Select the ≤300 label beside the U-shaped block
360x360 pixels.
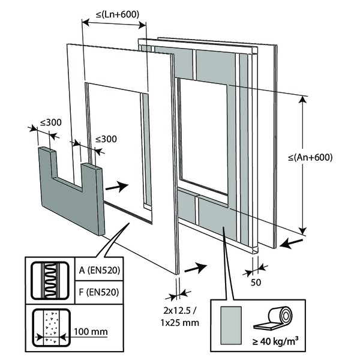point(106,139)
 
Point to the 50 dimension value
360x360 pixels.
point(256,281)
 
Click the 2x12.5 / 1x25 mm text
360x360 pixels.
point(179,317)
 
